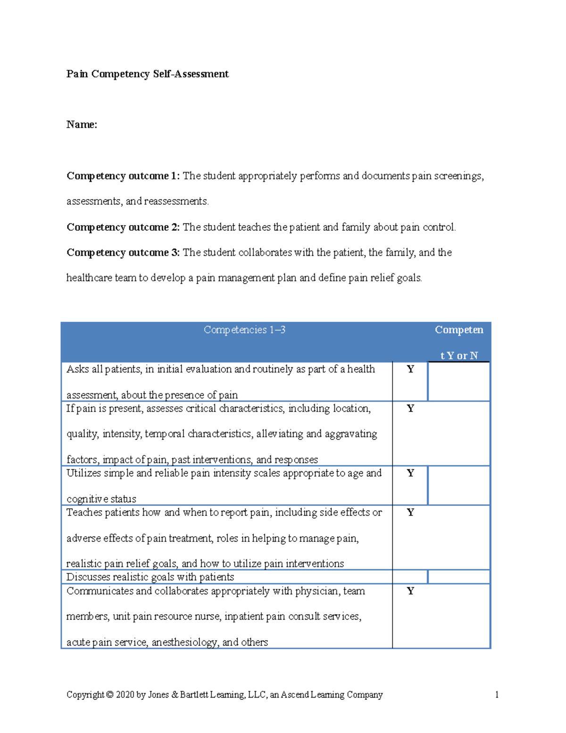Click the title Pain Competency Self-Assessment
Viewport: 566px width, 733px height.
point(147,74)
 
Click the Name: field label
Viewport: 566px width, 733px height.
point(82,125)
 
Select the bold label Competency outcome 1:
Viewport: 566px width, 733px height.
point(123,176)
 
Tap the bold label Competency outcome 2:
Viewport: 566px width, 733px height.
point(123,227)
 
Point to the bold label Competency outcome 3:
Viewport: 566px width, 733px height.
point(123,253)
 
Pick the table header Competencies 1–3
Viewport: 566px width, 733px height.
point(244,330)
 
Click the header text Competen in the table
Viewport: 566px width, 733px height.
point(458,330)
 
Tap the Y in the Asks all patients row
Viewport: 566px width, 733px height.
point(410,369)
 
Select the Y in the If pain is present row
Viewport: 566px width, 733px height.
point(410,408)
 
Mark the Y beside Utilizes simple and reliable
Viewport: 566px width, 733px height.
point(410,473)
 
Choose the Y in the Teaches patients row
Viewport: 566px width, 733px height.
point(410,512)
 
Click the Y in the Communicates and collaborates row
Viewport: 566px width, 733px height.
point(410,591)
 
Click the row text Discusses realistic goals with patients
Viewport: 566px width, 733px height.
point(150,577)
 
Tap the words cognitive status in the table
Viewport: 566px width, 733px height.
point(101,499)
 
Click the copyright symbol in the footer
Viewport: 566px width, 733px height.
point(110,695)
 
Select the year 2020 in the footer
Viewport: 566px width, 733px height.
point(125,695)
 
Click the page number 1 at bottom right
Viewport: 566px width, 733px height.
point(497,695)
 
